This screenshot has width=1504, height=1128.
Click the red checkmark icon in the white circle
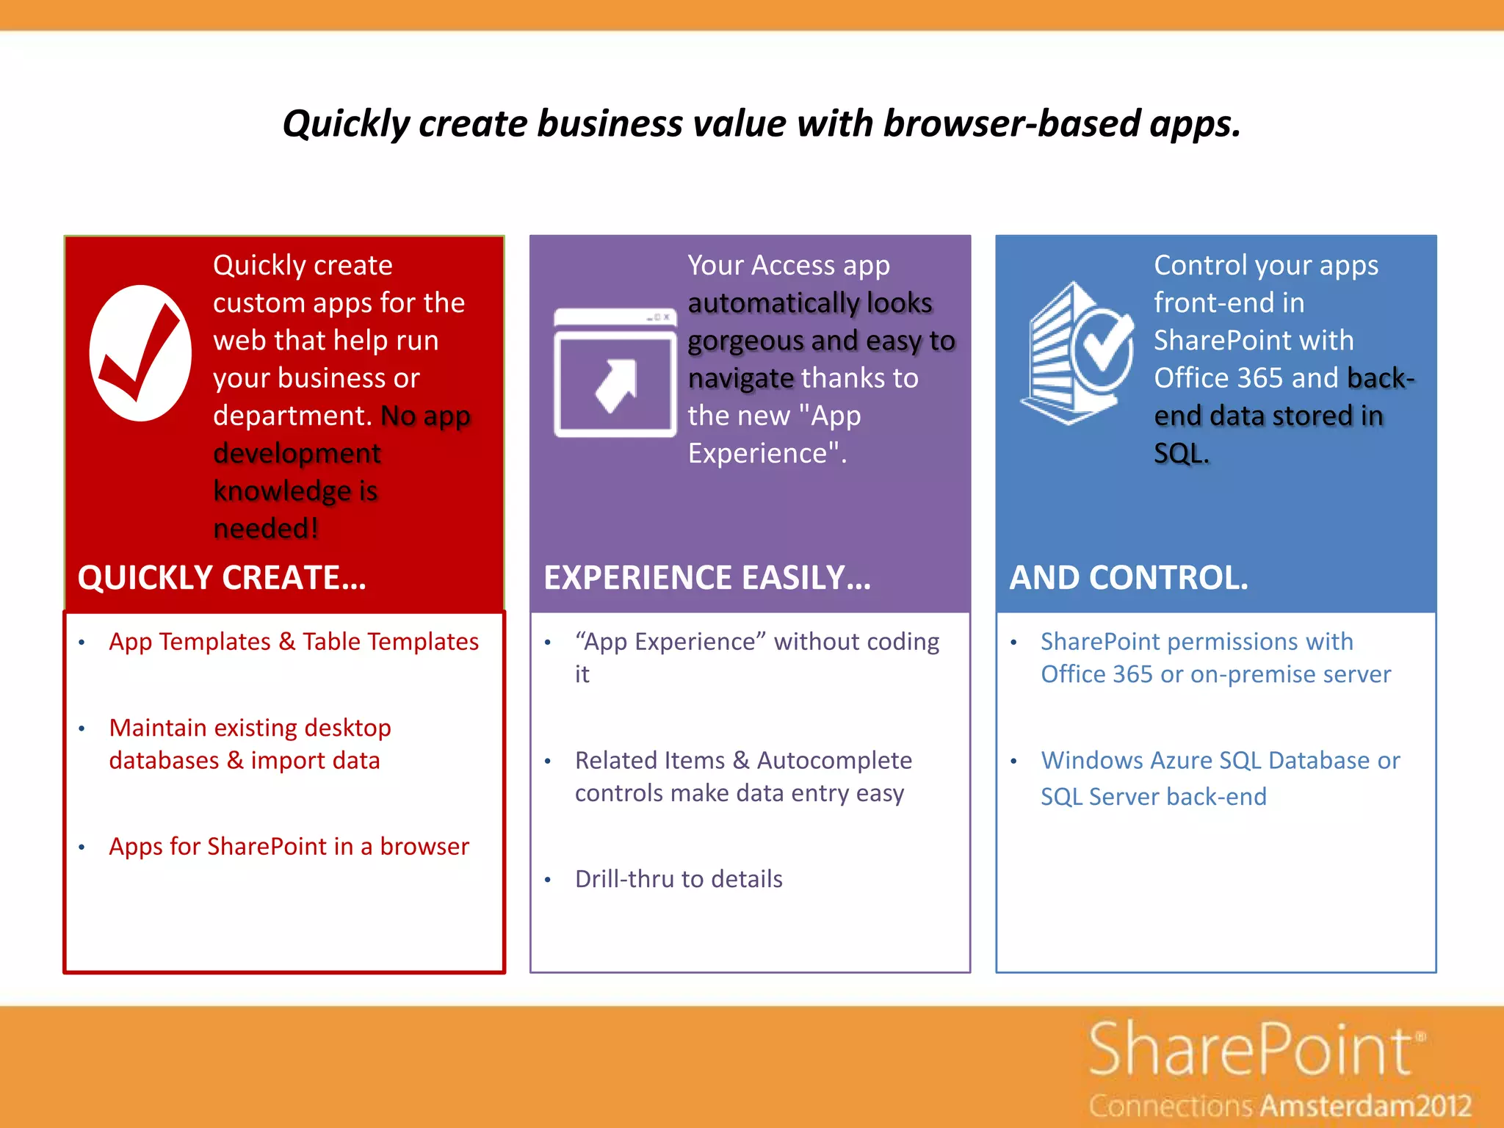[140, 353]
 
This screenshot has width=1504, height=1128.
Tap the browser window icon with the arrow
[615, 374]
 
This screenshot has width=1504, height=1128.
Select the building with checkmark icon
[1077, 354]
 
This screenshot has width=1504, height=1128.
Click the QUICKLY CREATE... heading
[222, 578]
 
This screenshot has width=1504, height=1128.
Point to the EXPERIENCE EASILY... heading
[706, 578]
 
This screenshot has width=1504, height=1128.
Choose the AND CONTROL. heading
[1128, 578]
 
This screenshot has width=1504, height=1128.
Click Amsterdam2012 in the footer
[1366, 1106]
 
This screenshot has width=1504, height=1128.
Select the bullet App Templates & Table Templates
[294, 642]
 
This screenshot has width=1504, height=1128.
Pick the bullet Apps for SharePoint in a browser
[289, 847]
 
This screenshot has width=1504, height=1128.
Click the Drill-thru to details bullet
[679, 879]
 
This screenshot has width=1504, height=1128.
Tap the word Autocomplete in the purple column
[834, 761]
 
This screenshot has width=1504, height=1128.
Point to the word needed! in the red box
[266, 529]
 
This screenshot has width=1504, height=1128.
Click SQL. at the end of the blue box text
[1180, 454]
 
